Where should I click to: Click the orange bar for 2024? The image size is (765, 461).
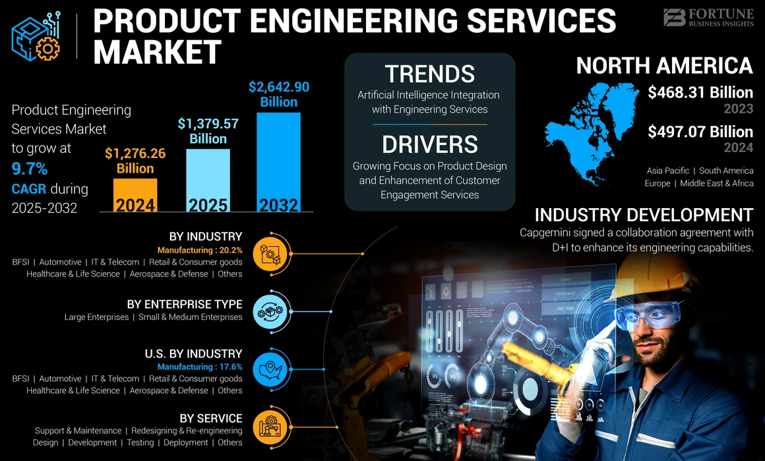[x=135, y=195]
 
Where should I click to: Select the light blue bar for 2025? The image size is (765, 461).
[x=208, y=180]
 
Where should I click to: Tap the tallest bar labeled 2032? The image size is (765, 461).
[x=278, y=162]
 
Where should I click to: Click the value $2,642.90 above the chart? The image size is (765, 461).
[x=278, y=87]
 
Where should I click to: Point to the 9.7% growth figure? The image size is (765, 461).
[x=30, y=169]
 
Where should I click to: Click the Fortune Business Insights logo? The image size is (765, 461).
[x=708, y=18]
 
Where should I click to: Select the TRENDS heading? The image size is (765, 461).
[x=429, y=74]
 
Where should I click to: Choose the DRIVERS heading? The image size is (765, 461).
[x=429, y=144]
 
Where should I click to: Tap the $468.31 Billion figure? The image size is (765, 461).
[x=700, y=93]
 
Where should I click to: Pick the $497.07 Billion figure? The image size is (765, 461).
[x=700, y=132]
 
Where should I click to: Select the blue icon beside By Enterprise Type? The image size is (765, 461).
[x=272, y=310]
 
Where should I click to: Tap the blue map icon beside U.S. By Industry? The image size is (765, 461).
[x=272, y=367]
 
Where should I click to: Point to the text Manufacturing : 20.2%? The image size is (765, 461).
[x=200, y=250]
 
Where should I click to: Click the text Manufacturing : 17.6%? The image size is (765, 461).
[x=200, y=367]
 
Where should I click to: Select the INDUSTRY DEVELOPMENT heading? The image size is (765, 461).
[x=643, y=215]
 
